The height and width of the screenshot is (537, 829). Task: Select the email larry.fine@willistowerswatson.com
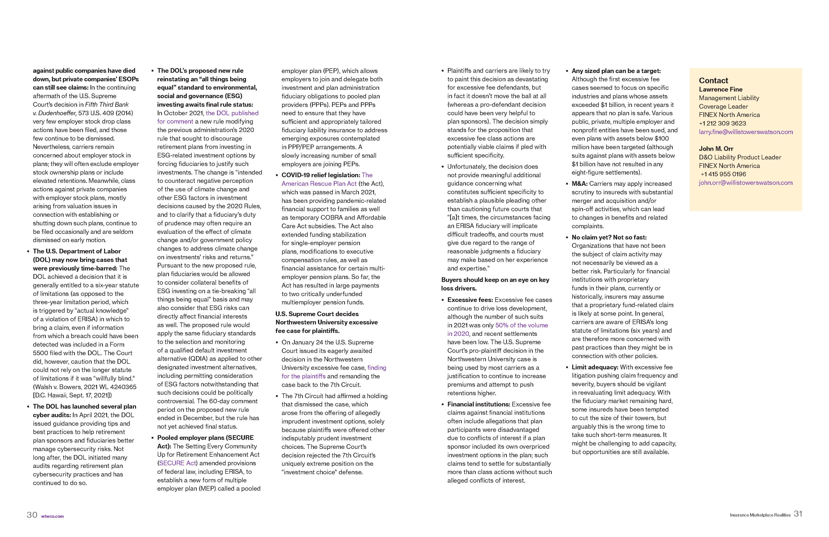[x=745, y=132]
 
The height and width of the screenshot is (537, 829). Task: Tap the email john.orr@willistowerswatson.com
[x=745, y=183]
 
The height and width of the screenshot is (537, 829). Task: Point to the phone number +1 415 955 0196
[x=723, y=174]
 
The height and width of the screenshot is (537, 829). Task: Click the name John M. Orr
[x=716, y=149]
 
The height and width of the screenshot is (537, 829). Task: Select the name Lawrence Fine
[x=720, y=90]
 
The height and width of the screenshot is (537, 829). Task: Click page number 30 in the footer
[x=32, y=515]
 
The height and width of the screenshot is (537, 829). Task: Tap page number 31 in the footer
[x=798, y=514]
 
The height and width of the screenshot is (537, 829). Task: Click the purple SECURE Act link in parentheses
[x=177, y=463]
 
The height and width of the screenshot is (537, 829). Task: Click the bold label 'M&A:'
[x=580, y=184]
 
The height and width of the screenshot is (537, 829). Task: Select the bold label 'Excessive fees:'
[x=470, y=300]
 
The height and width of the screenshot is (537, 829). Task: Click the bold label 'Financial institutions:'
[x=478, y=404]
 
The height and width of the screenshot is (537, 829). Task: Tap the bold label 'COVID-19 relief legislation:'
[x=320, y=175]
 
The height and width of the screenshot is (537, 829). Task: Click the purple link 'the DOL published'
[x=232, y=113]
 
